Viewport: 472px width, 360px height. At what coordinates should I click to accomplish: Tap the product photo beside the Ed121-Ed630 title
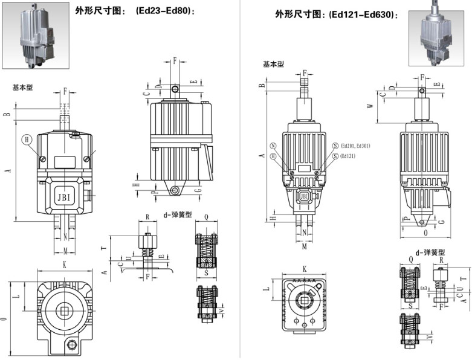[x=439, y=34]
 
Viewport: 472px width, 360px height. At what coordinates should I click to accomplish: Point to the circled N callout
[x=273, y=146]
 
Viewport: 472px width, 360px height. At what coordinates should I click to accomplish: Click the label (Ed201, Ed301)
[x=355, y=146]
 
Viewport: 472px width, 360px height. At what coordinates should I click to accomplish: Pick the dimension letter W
[x=370, y=105]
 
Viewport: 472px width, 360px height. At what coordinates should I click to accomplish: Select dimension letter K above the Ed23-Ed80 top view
[x=64, y=265]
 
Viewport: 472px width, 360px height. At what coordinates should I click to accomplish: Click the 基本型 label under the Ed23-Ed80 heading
[x=22, y=88]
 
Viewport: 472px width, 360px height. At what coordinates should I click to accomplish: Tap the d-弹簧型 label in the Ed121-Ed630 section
[x=430, y=252]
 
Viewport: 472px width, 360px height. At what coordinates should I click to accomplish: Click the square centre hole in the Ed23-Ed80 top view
[x=63, y=312]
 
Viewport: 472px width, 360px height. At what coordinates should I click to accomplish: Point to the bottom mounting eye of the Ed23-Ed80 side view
[x=175, y=191]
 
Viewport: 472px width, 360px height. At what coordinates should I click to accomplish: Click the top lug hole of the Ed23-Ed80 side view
[x=175, y=89]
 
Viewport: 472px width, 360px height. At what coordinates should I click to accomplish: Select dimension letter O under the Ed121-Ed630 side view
[x=426, y=231]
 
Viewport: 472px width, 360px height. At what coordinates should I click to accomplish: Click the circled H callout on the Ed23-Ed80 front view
[x=26, y=139]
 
